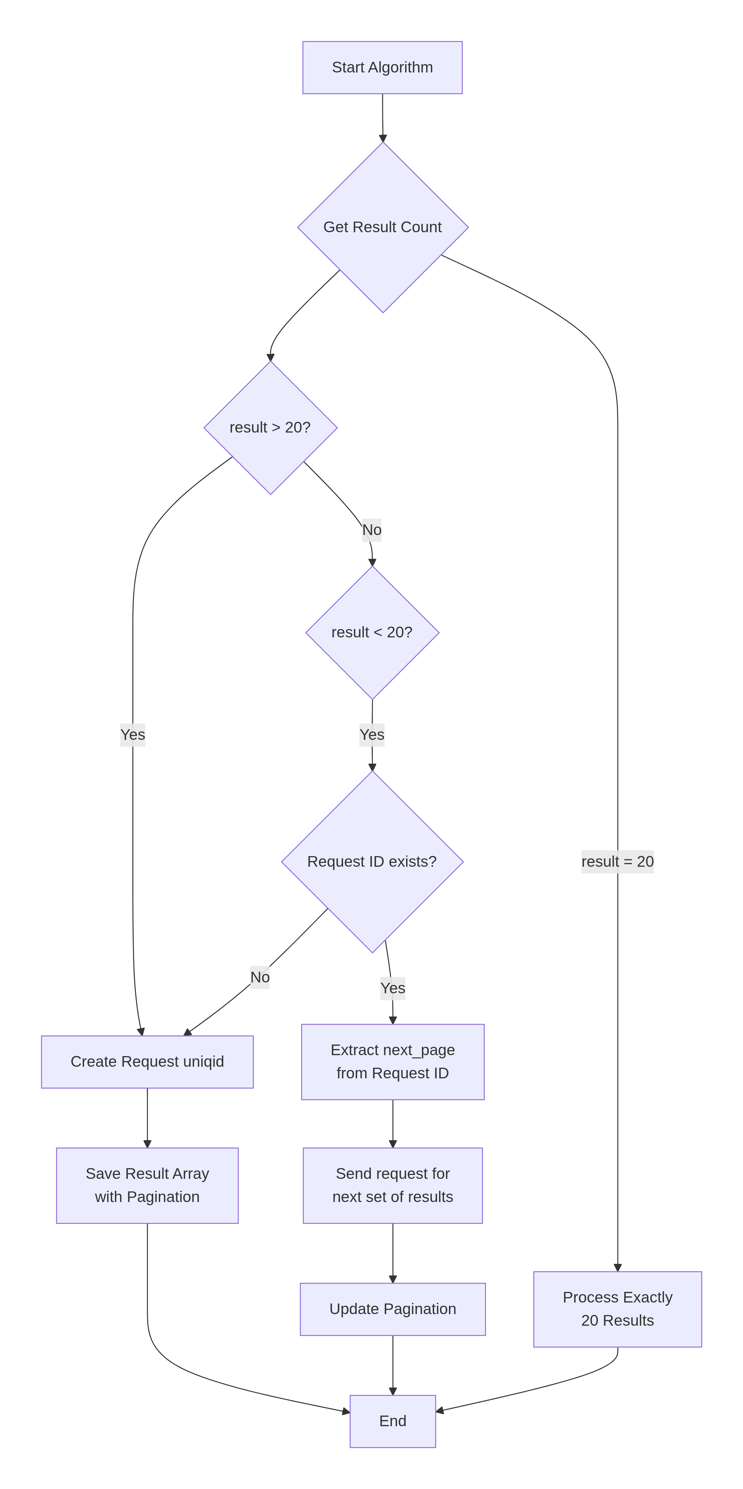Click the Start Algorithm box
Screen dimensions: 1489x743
(382, 68)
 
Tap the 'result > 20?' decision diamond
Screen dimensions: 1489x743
(270, 428)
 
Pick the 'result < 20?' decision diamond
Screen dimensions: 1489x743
(372, 632)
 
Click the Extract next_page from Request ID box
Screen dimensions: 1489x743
(393, 1062)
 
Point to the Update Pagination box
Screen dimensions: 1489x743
(393, 1309)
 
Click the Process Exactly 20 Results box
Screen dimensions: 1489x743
(617, 1309)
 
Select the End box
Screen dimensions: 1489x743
(393, 1421)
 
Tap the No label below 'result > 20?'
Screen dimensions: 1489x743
(372, 530)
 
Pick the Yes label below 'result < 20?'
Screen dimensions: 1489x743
(372, 735)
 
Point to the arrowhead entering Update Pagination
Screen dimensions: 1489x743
(393, 1279)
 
